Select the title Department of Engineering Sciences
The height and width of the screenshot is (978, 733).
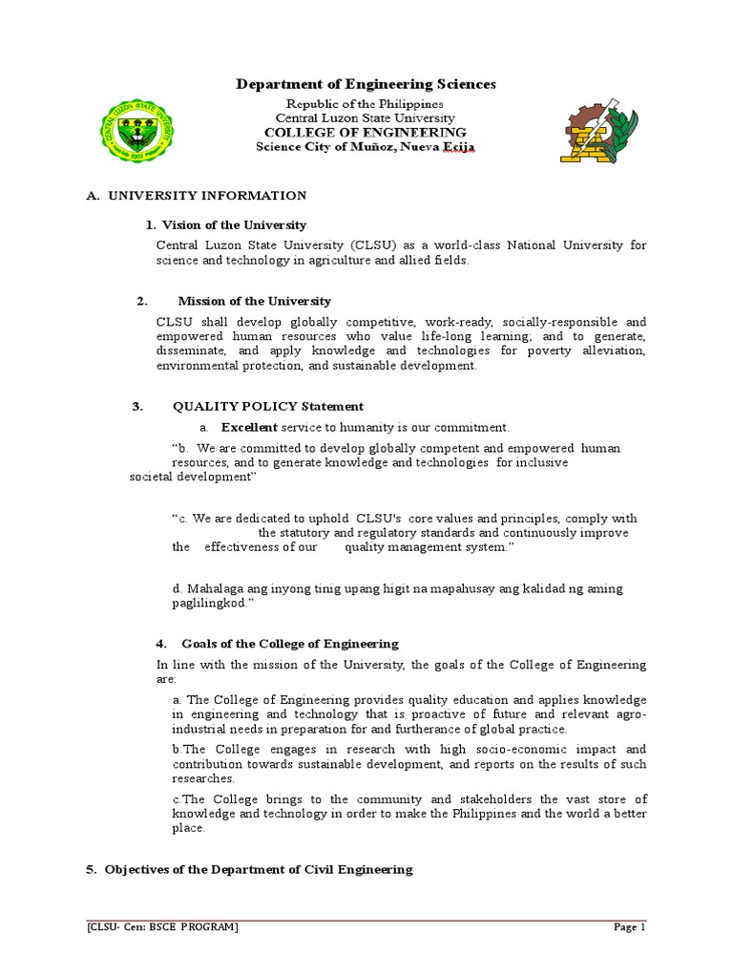(366, 85)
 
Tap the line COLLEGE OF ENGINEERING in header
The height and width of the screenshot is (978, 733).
(366, 132)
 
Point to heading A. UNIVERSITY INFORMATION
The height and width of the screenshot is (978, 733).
(196, 195)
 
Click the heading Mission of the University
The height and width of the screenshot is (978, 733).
(254, 301)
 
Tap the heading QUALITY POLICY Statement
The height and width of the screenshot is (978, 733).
(267, 406)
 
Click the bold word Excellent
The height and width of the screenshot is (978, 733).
(249, 427)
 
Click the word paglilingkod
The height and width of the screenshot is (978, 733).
(209, 604)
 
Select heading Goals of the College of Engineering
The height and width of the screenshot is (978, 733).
(290, 644)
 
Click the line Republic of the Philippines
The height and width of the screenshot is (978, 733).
(366, 103)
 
